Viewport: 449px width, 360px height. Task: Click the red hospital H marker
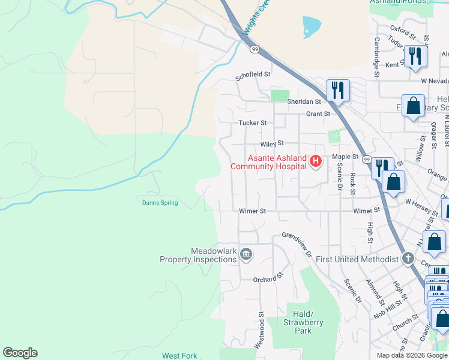(x=316, y=161)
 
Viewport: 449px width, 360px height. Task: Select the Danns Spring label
(x=160, y=203)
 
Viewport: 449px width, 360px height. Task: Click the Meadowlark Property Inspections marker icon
(x=246, y=255)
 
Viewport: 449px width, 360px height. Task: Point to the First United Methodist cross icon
(x=408, y=259)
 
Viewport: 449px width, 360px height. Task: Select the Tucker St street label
(x=253, y=122)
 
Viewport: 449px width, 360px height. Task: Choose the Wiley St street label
(x=271, y=144)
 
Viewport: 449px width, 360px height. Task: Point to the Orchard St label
(x=268, y=279)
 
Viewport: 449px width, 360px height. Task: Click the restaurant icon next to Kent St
(x=415, y=56)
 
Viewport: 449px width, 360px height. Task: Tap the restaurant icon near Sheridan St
(x=338, y=90)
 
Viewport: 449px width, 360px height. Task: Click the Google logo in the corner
(x=20, y=353)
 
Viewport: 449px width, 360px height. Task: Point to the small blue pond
(x=312, y=26)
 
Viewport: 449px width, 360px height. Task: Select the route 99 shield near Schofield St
(x=255, y=50)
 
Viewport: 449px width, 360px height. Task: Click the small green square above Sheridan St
(x=279, y=95)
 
